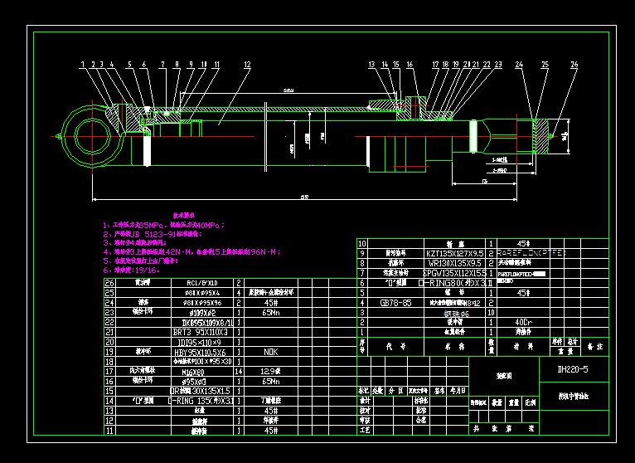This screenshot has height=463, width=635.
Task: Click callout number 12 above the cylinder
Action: [x=247, y=64]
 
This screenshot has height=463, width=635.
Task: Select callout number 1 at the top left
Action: [x=83, y=64]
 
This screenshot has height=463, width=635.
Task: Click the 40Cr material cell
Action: [x=523, y=321]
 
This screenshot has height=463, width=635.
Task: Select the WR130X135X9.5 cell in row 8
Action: [x=455, y=262]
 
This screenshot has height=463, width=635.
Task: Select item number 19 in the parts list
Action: [x=109, y=352]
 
